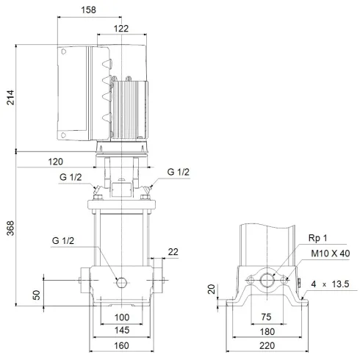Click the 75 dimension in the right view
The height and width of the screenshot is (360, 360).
click(267, 316)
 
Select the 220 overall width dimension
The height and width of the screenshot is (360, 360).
click(267, 345)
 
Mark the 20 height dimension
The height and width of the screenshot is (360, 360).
click(212, 288)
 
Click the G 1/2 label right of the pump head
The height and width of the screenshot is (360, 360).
click(179, 172)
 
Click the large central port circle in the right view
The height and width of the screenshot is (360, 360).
click(267, 280)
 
